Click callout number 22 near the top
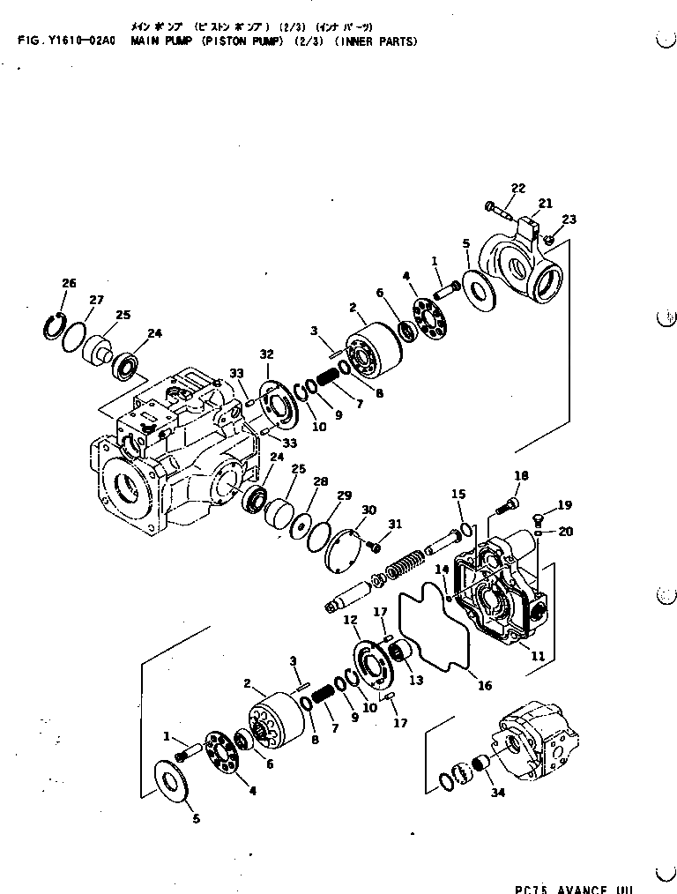click(517, 187)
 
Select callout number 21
click(545, 204)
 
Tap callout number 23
click(569, 220)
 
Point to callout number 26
click(69, 283)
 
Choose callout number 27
click(96, 300)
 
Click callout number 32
click(266, 354)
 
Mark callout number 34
click(499, 793)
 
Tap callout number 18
click(521, 476)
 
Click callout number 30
click(368, 510)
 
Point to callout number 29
click(344, 496)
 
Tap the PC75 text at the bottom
click(532, 889)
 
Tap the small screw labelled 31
click(376, 548)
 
